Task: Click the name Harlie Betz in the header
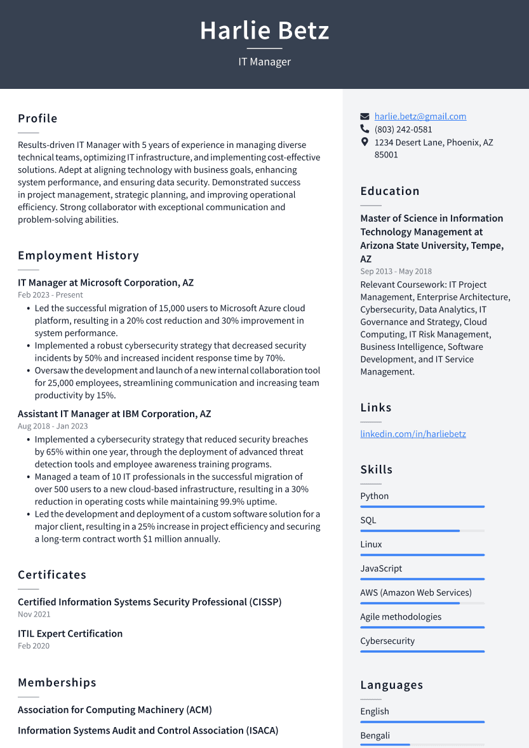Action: pos(264,30)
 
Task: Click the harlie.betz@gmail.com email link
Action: pos(420,116)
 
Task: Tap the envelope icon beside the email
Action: pos(365,116)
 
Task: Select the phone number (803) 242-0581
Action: pos(403,130)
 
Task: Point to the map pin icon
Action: pos(365,142)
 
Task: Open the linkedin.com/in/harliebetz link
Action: pos(413,434)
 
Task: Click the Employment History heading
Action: pos(78,255)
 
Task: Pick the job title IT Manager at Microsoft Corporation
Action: pos(105,283)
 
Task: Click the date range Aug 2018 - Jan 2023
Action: pos(53,426)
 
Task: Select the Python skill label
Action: pos(374,496)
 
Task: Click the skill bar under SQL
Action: pos(422,531)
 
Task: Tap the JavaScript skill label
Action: pos(381,568)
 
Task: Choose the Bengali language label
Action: pos(375,735)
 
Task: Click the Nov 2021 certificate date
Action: pos(34,614)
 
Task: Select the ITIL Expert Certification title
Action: pos(70,633)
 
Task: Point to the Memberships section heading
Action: pos(57,683)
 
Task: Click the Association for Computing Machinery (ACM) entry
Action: pos(114,709)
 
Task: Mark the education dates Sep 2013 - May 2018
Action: pos(396,271)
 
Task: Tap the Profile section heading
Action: pos(37,118)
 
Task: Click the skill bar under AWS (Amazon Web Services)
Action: pos(422,603)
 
